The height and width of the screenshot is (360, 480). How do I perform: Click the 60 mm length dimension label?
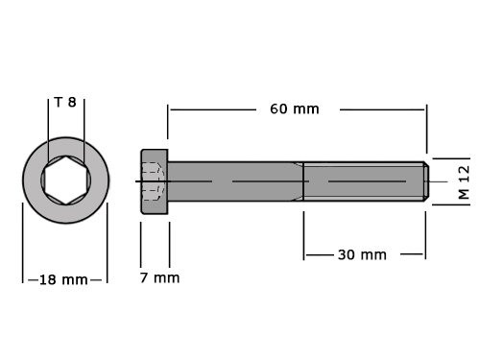point(294,108)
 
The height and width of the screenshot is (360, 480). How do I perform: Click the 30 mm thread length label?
point(361,254)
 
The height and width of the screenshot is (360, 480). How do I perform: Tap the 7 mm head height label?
point(159,277)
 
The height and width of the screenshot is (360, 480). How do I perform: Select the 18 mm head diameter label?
point(63,279)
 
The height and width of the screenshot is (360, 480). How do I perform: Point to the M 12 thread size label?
point(463,180)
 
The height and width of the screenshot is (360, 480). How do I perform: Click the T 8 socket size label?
point(65,102)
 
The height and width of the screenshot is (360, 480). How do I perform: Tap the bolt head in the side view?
point(155,181)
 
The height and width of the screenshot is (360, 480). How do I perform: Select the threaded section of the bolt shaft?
point(363,181)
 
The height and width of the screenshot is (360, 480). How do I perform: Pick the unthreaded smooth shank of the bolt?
point(235,181)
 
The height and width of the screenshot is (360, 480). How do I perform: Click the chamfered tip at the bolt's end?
point(426,181)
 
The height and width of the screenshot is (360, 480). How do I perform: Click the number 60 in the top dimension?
point(279,108)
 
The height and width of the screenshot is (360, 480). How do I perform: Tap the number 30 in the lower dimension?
point(347,254)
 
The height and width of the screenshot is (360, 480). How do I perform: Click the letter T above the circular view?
point(58,102)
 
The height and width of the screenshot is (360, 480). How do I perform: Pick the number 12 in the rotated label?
point(463,173)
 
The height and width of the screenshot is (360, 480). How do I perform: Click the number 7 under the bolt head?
point(145,277)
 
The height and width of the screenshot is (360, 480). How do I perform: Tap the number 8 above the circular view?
point(72,102)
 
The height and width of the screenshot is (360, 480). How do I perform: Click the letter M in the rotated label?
point(463,193)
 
